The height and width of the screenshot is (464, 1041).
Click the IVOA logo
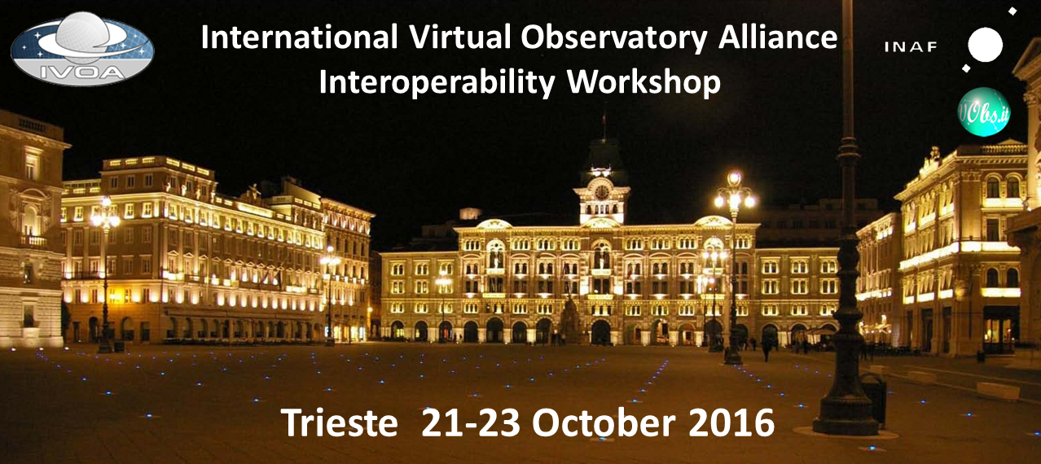[x=82, y=49]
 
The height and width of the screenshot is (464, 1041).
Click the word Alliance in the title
[x=778, y=37]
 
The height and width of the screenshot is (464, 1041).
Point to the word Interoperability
[x=437, y=83]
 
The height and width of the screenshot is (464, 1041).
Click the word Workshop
[x=643, y=83]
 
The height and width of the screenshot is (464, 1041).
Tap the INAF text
[x=911, y=47]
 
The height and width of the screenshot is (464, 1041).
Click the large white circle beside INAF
[x=986, y=45]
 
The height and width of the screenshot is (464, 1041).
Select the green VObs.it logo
[x=984, y=112]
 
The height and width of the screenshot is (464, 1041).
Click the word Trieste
[x=339, y=422]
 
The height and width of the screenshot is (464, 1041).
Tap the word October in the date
[x=604, y=422]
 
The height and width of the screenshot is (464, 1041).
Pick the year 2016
[x=731, y=422]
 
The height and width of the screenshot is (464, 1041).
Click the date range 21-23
[x=470, y=422]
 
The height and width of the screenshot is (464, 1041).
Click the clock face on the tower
[x=602, y=192]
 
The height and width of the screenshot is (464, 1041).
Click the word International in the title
[x=299, y=37]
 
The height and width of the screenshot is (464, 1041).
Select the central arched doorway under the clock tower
[x=601, y=332]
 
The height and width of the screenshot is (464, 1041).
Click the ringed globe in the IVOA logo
[x=84, y=37]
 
